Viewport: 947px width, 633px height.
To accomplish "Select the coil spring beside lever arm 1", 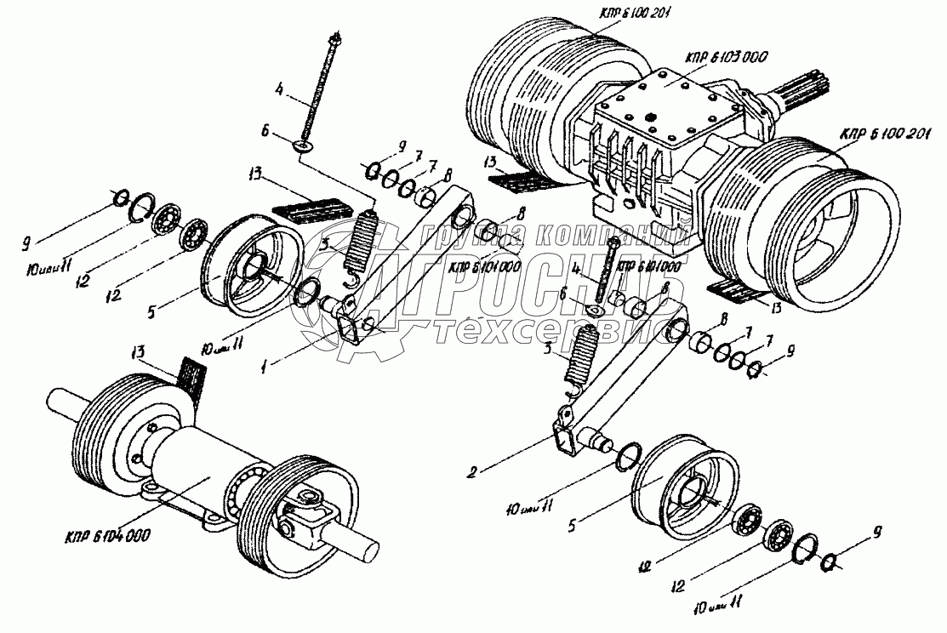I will [x=362, y=241].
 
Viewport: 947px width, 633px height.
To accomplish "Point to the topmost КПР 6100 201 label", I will [x=619, y=9].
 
